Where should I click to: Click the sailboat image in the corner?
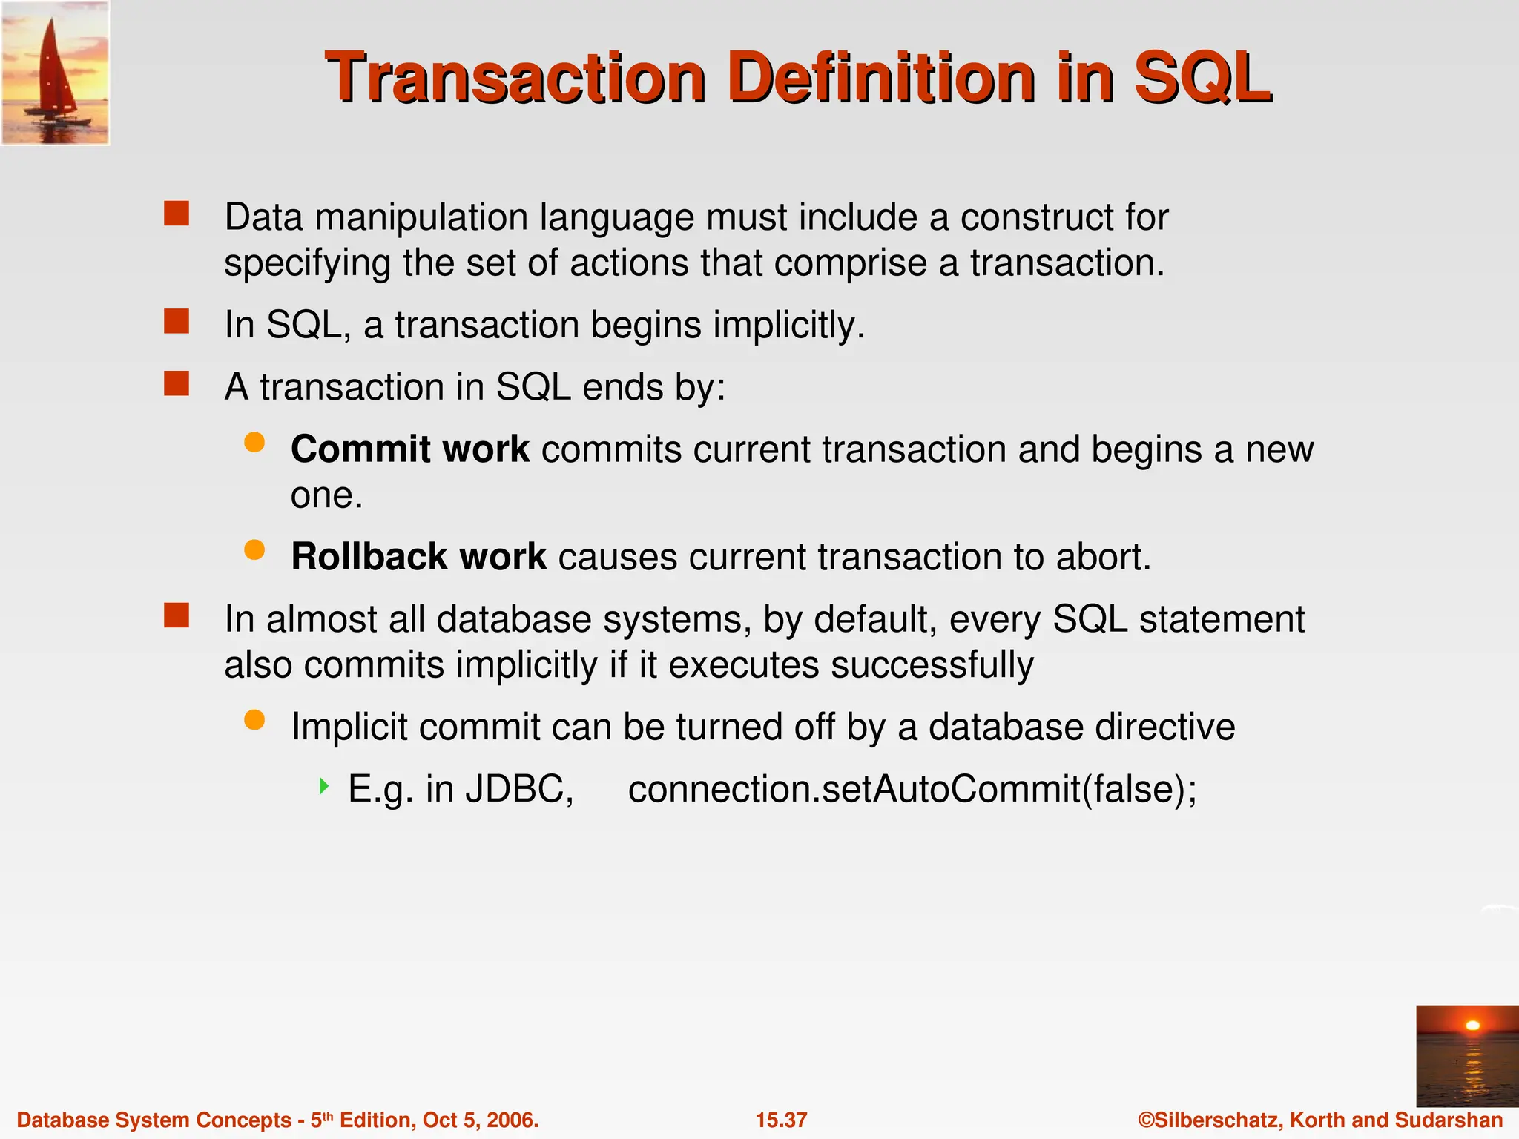(x=55, y=73)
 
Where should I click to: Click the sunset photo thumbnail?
(x=1466, y=1056)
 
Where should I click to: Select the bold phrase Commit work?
(x=409, y=449)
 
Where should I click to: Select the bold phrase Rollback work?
(x=418, y=557)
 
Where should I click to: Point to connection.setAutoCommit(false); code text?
(x=912, y=789)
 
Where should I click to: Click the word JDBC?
(x=519, y=789)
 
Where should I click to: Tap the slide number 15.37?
(x=781, y=1120)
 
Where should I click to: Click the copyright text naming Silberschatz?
(x=1320, y=1120)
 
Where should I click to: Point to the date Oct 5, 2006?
(x=480, y=1120)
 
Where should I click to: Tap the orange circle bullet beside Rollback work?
(x=254, y=550)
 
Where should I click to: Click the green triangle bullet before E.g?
(x=323, y=786)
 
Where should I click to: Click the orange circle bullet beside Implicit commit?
(x=254, y=720)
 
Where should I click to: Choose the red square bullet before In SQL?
(x=177, y=322)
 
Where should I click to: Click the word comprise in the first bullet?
(x=850, y=263)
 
